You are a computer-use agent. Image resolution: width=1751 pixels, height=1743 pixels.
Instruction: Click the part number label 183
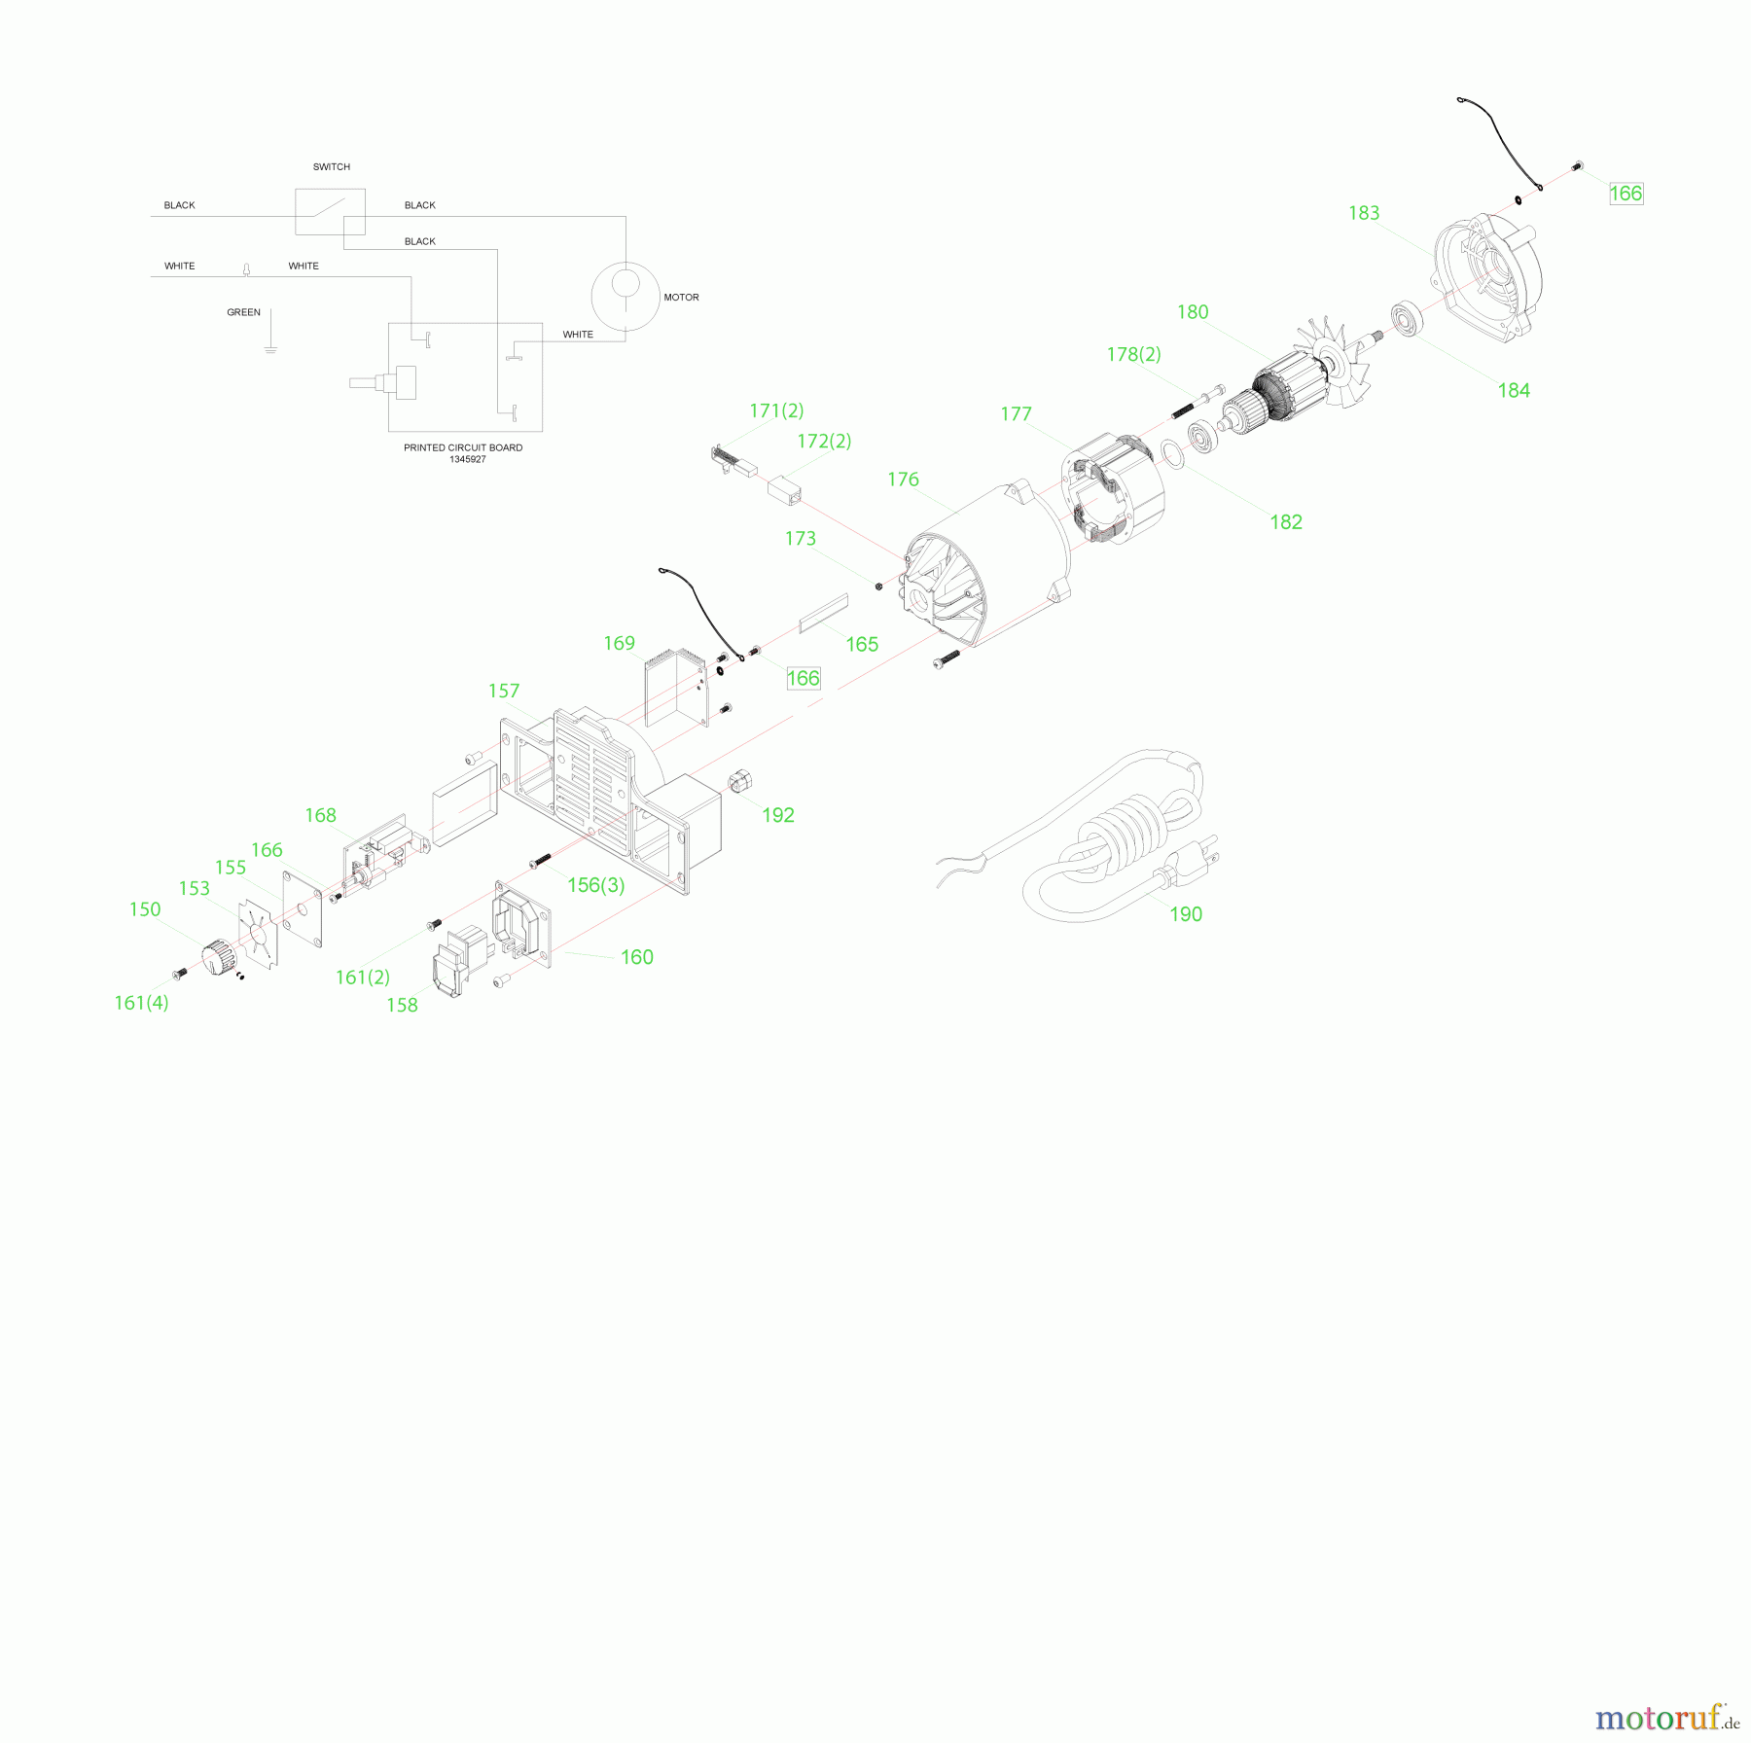tap(1364, 213)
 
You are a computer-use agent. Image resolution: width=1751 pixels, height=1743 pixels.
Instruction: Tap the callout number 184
tap(1514, 391)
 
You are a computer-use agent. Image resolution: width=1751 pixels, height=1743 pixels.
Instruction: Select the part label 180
tap(1193, 312)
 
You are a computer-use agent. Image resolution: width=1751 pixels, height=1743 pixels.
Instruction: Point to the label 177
tap(1016, 414)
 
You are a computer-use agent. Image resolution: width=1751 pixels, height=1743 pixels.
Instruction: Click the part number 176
tap(903, 480)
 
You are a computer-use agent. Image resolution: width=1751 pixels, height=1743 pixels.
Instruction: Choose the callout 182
tap(1286, 522)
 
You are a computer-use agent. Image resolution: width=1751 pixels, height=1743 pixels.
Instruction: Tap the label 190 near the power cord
tap(1186, 914)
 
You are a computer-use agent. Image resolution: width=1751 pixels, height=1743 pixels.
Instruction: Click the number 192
tap(778, 816)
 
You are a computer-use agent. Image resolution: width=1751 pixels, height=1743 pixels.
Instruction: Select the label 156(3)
tap(596, 885)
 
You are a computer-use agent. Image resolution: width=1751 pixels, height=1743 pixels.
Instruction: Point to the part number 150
tap(145, 909)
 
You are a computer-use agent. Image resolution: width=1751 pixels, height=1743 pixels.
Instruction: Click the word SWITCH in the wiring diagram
tap(332, 167)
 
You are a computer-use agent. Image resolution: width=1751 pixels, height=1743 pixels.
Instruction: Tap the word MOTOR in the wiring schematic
tap(681, 298)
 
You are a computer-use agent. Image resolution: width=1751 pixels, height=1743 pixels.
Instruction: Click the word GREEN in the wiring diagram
tap(243, 312)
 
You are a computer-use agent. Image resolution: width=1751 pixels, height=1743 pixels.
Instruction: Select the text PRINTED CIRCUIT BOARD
tap(463, 447)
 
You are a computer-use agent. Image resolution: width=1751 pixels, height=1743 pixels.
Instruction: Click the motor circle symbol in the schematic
tap(625, 296)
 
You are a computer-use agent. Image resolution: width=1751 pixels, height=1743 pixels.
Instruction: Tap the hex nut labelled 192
tap(742, 780)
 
